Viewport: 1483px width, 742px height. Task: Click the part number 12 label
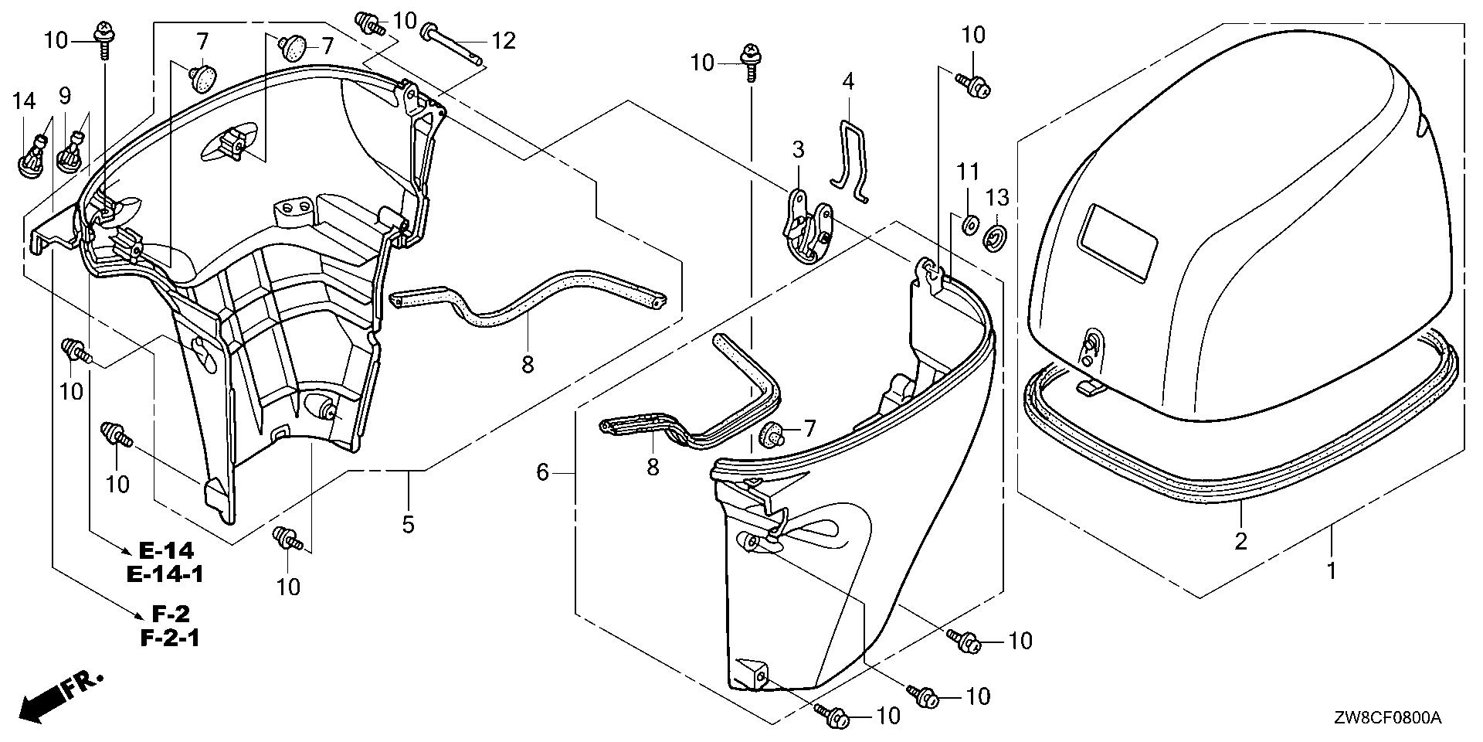503,40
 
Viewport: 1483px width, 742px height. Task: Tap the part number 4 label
848,81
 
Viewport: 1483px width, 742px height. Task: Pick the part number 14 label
24,100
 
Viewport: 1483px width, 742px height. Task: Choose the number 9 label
65,96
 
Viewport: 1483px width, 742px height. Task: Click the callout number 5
408,525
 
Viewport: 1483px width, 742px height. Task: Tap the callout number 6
542,471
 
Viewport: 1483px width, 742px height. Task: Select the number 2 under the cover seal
1240,541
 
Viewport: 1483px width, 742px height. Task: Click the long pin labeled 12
453,46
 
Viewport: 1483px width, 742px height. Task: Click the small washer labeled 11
967,226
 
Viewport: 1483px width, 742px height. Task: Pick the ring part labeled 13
996,237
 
